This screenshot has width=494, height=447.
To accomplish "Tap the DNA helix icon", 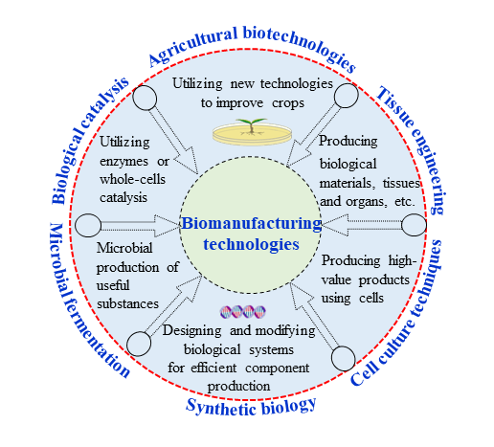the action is pos(243,312).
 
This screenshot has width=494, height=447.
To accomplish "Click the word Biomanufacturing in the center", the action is pos(252,224).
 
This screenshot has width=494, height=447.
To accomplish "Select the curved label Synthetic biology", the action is pos(251,407).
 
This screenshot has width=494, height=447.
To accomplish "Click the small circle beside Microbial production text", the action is pos(88,225).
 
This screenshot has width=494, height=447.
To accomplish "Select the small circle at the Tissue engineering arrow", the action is pos(346,96).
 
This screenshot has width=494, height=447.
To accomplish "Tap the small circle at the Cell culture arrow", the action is pos(343,359).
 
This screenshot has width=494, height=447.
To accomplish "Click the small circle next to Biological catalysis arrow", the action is pos(145,98).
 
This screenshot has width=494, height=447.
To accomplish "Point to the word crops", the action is pos(288,103).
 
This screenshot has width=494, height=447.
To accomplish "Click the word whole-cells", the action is pos(132,179).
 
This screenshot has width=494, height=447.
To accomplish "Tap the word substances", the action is pos(127,303).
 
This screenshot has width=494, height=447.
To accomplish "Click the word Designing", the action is pos(191,331).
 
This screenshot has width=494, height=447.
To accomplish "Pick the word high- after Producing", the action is pos(402,260).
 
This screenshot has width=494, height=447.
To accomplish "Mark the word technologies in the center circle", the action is pos(252,245).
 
